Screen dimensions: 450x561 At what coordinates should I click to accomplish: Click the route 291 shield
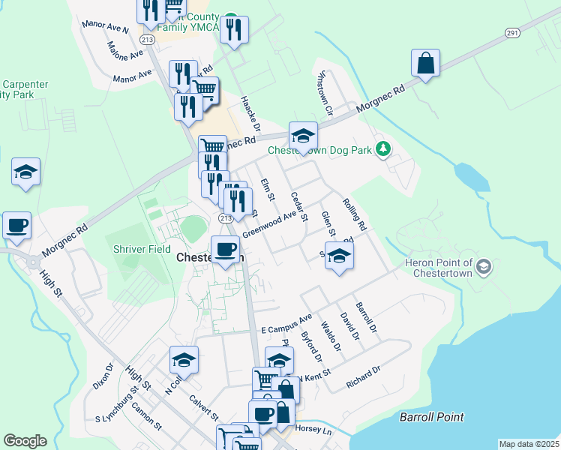pos(512,33)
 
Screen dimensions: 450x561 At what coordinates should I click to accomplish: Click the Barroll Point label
pos(431,417)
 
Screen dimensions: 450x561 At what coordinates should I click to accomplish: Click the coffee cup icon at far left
pos(16,225)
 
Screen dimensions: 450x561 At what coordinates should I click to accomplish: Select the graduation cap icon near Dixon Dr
pos(184,360)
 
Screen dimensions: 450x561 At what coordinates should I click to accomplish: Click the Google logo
pos(25,440)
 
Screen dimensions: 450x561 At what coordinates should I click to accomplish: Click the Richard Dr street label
pos(364,377)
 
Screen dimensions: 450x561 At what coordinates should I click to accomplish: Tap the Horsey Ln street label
pos(315,430)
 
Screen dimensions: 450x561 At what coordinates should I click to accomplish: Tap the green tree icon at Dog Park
pos(383,149)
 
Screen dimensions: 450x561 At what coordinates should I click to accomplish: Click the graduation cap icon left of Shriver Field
pos(25,171)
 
